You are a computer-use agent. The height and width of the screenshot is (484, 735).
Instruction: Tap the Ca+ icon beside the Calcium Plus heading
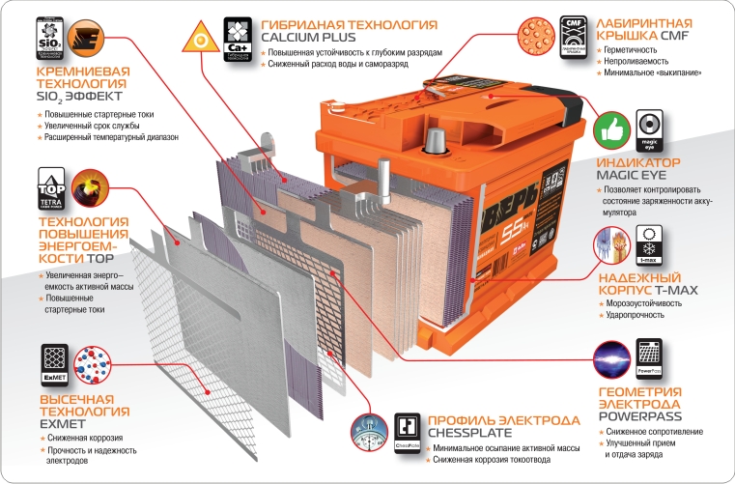point(239,33)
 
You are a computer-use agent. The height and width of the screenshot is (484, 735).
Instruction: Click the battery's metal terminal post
point(433,141)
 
